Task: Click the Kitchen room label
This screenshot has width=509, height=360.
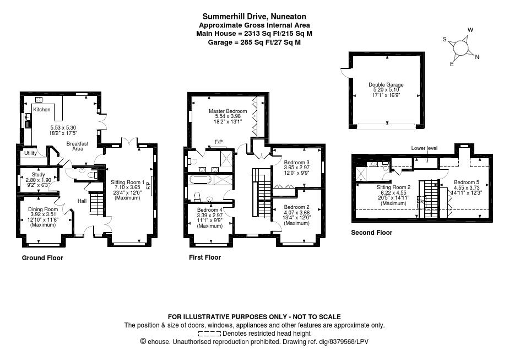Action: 42,110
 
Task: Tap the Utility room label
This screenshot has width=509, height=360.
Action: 30,153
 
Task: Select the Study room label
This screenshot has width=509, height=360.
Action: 39,174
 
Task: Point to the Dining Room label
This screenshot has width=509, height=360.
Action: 43,209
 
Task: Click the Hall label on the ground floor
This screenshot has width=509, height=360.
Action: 82,201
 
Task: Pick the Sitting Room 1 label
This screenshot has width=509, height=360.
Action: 128,182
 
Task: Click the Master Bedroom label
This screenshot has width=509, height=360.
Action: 228,111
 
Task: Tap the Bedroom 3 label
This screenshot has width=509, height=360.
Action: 297,163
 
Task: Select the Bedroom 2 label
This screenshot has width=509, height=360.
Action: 297,207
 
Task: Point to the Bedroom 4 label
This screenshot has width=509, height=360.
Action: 210,210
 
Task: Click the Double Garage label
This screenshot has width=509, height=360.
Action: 386,85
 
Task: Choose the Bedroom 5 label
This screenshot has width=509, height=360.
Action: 467,182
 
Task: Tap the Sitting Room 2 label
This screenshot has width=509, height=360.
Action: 393,187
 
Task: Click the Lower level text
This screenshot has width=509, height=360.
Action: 424,148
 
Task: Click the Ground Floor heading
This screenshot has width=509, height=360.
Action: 42,258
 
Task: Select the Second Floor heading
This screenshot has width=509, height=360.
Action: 372,233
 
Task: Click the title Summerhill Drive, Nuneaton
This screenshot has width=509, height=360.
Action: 254,17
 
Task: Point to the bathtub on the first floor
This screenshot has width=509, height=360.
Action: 201,179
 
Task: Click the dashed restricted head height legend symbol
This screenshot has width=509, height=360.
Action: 209,334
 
